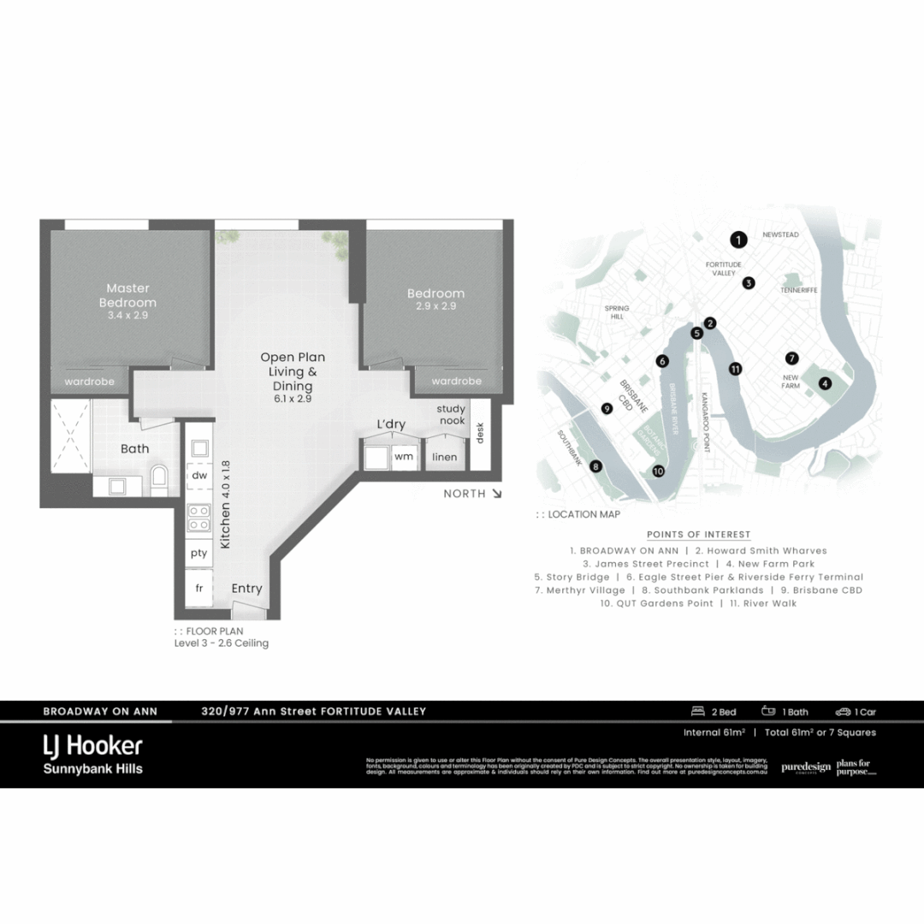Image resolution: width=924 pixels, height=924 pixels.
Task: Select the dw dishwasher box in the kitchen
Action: click(199, 475)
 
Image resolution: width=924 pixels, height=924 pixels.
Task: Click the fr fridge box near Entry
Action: click(199, 589)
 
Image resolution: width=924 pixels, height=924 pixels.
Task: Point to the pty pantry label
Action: click(199, 553)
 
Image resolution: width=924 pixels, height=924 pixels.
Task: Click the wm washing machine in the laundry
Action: click(403, 457)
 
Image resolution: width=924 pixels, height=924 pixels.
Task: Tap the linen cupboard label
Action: click(445, 457)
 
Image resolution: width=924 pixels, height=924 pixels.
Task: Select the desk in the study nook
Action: click(480, 433)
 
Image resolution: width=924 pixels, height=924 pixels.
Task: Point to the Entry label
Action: click(247, 589)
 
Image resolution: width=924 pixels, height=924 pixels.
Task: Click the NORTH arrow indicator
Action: click(496, 494)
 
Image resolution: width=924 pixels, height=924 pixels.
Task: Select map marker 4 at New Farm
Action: click(825, 383)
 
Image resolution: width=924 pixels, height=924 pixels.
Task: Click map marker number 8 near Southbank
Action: click(595, 466)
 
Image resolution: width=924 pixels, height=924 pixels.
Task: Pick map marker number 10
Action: click(658, 471)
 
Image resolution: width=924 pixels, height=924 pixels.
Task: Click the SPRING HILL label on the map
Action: click(616, 311)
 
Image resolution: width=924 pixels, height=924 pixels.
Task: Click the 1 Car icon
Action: click(844, 712)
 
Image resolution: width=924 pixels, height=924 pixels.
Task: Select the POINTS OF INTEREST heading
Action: click(698, 535)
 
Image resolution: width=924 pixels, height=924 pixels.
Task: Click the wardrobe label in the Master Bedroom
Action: click(89, 381)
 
